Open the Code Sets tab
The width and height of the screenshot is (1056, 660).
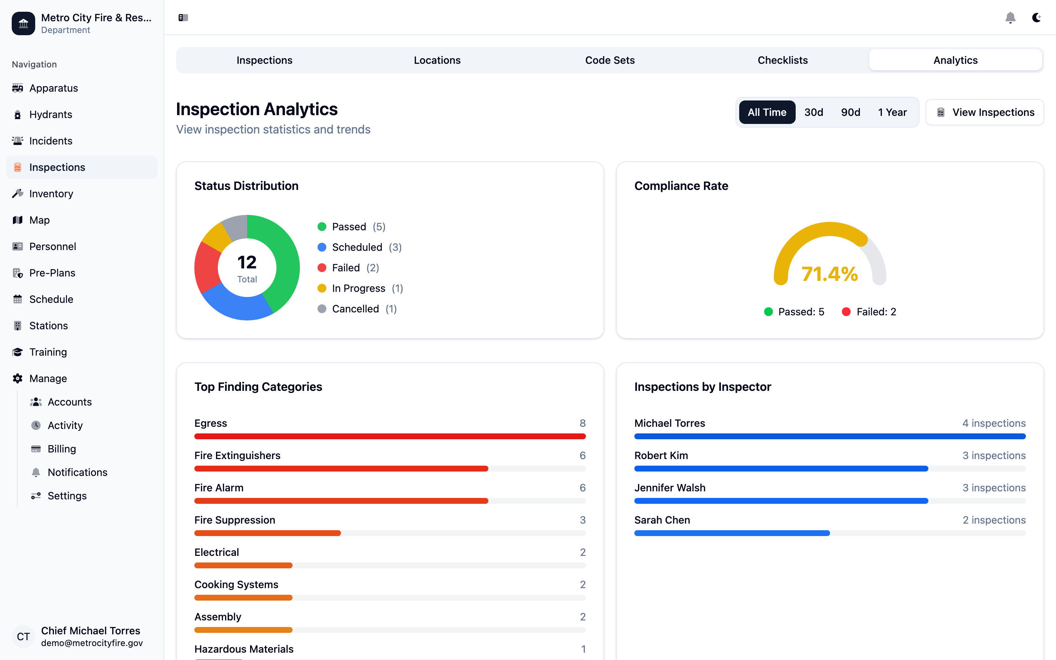610,60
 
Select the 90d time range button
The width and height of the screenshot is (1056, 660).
850,112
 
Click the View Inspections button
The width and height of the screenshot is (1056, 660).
984,112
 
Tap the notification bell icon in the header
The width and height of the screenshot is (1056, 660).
1010,18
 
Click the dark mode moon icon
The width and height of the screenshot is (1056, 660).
1036,18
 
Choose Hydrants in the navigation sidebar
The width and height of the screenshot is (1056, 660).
51,114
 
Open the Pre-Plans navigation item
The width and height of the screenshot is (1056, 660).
52,273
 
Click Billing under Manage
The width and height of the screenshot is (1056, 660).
62,449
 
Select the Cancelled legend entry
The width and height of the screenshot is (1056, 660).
355,309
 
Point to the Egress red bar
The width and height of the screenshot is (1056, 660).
390,436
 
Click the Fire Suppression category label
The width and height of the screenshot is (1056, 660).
234,520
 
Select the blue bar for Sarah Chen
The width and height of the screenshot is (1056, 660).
732,533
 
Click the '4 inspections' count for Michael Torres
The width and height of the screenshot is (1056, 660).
994,423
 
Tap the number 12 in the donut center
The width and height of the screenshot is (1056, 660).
246,262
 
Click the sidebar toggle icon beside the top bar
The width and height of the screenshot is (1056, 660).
183,18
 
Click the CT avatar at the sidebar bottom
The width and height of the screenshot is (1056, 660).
23,637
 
